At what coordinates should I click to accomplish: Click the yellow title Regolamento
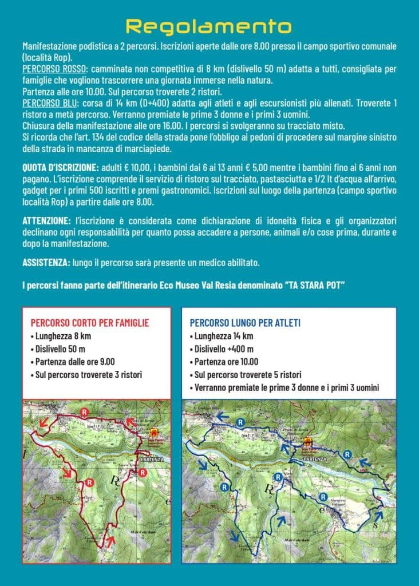[209, 26]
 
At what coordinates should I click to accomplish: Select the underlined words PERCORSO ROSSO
[53, 69]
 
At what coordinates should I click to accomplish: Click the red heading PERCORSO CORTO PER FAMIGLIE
[89, 323]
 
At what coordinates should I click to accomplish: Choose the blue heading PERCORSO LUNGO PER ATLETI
[245, 323]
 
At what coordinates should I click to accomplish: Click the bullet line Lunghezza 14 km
[223, 336]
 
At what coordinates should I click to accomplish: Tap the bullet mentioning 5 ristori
[247, 375]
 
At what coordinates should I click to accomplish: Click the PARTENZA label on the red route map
[152, 459]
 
